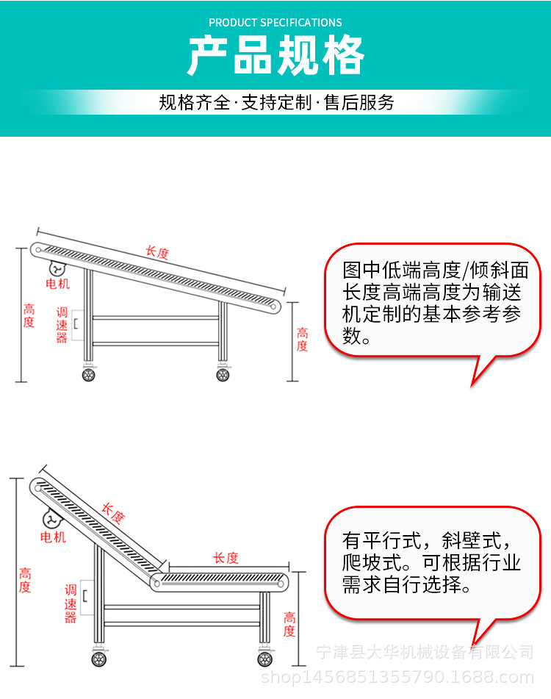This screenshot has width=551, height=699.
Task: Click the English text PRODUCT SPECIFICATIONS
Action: (275, 23)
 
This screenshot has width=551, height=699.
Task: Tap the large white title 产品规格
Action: (275, 56)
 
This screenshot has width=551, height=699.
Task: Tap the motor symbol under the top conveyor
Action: (57, 269)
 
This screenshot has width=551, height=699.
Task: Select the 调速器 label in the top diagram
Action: (62, 325)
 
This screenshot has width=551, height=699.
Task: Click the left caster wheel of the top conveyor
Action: (88, 375)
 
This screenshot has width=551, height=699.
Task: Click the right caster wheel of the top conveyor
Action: (223, 375)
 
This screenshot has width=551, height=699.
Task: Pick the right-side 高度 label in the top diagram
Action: (302, 340)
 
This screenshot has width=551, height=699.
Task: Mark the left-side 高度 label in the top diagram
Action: (29, 316)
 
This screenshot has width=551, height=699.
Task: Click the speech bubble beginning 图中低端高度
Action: (432, 301)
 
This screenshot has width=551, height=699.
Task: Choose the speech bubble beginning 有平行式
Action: (432, 563)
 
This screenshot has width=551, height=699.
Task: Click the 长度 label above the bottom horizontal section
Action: (226, 558)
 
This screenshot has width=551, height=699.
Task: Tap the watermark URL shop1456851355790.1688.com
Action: (397, 677)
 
